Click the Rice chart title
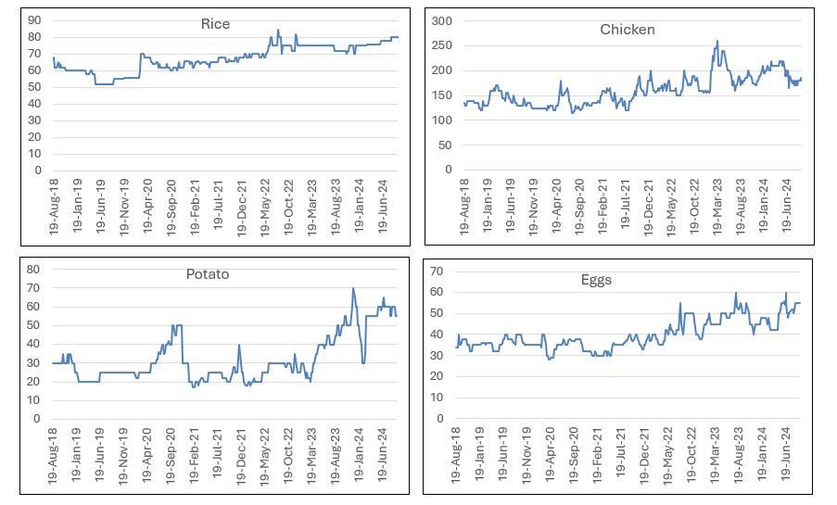(x=217, y=24)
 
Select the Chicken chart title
(x=628, y=30)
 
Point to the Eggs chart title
(x=596, y=279)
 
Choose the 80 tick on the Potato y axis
(x=35, y=270)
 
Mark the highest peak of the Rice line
(x=278, y=30)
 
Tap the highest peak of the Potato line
(x=353, y=288)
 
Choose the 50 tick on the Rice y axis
(x=35, y=87)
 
